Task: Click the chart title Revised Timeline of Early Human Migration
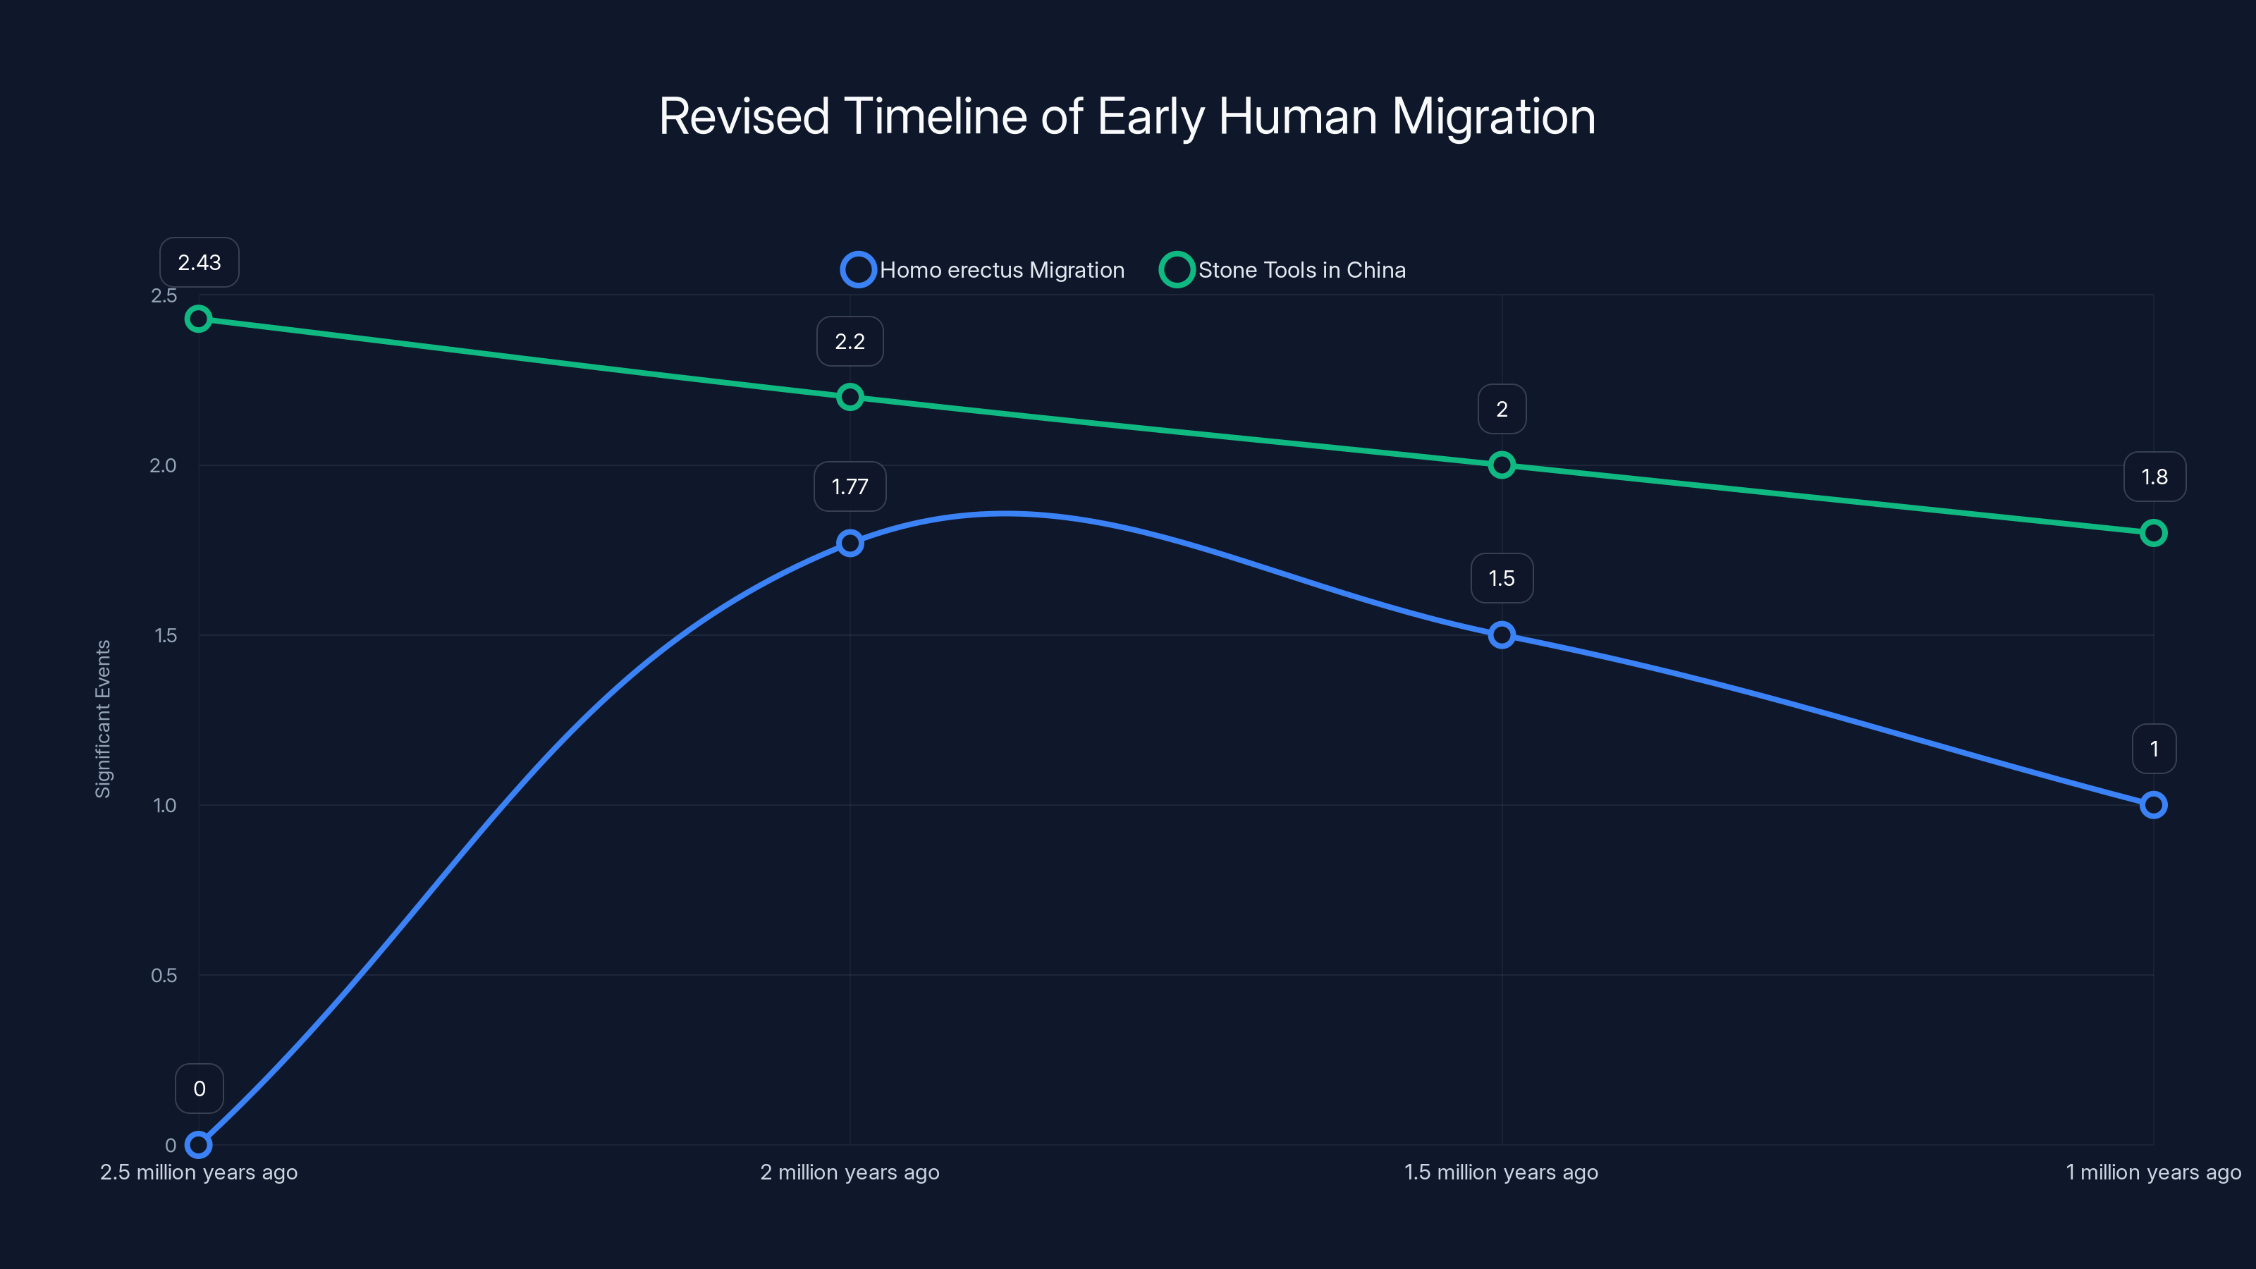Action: (1127, 116)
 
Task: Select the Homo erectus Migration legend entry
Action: (983, 270)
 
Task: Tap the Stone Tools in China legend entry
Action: (1283, 270)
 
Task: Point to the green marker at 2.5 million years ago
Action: (199, 319)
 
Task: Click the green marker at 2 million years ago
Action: (850, 398)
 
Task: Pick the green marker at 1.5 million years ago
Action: (1501, 465)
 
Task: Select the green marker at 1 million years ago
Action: (2152, 532)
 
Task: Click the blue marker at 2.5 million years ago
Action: (199, 1145)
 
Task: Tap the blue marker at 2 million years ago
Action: (850, 543)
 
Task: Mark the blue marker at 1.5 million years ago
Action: (1501, 635)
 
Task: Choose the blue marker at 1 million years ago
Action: (2152, 805)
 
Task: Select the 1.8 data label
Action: (2154, 477)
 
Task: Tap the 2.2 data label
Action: (850, 341)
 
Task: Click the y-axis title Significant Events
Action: (104, 718)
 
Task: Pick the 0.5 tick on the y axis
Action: (164, 975)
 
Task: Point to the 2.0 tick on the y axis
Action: (163, 465)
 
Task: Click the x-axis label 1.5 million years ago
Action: (1501, 1172)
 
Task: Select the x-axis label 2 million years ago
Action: (850, 1172)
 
